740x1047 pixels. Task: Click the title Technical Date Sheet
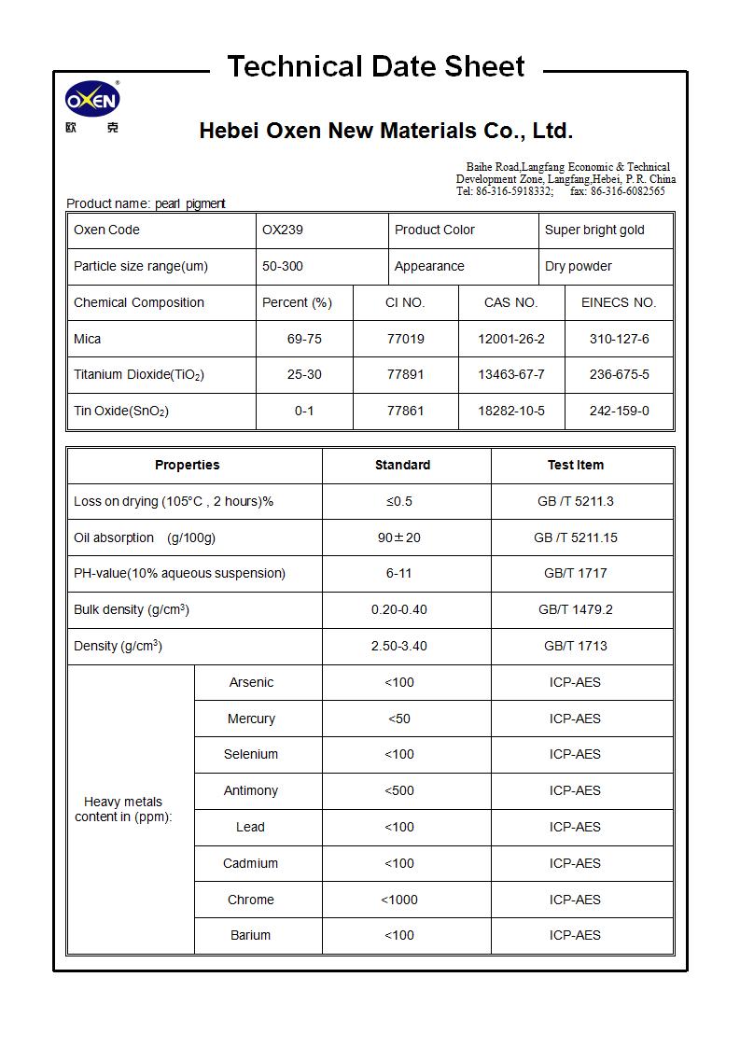click(x=375, y=67)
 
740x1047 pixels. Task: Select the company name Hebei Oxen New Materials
click(x=385, y=131)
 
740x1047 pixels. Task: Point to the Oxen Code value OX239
click(x=282, y=230)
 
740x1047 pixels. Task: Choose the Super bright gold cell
click(x=594, y=230)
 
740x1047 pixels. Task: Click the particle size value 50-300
click(x=282, y=267)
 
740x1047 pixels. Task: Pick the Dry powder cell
click(x=578, y=267)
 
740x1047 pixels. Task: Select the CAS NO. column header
click(x=510, y=303)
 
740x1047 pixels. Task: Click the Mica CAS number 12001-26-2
click(x=510, y=340)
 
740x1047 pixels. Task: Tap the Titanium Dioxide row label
click(x=139, y=375)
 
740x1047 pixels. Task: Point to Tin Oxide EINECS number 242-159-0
click(x=619, y=412)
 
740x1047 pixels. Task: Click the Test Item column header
click(x=575, y=466)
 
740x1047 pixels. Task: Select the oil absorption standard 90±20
click(x=398, y=538)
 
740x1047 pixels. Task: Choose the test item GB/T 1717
click(x=575, y=574)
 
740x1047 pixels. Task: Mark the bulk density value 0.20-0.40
click(x=398, y=610)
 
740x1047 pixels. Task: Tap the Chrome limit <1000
click(x=398, y=900)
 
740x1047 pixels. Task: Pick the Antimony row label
click(x=250, y=791)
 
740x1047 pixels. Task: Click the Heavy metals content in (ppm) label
click(x=123, y=810)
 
